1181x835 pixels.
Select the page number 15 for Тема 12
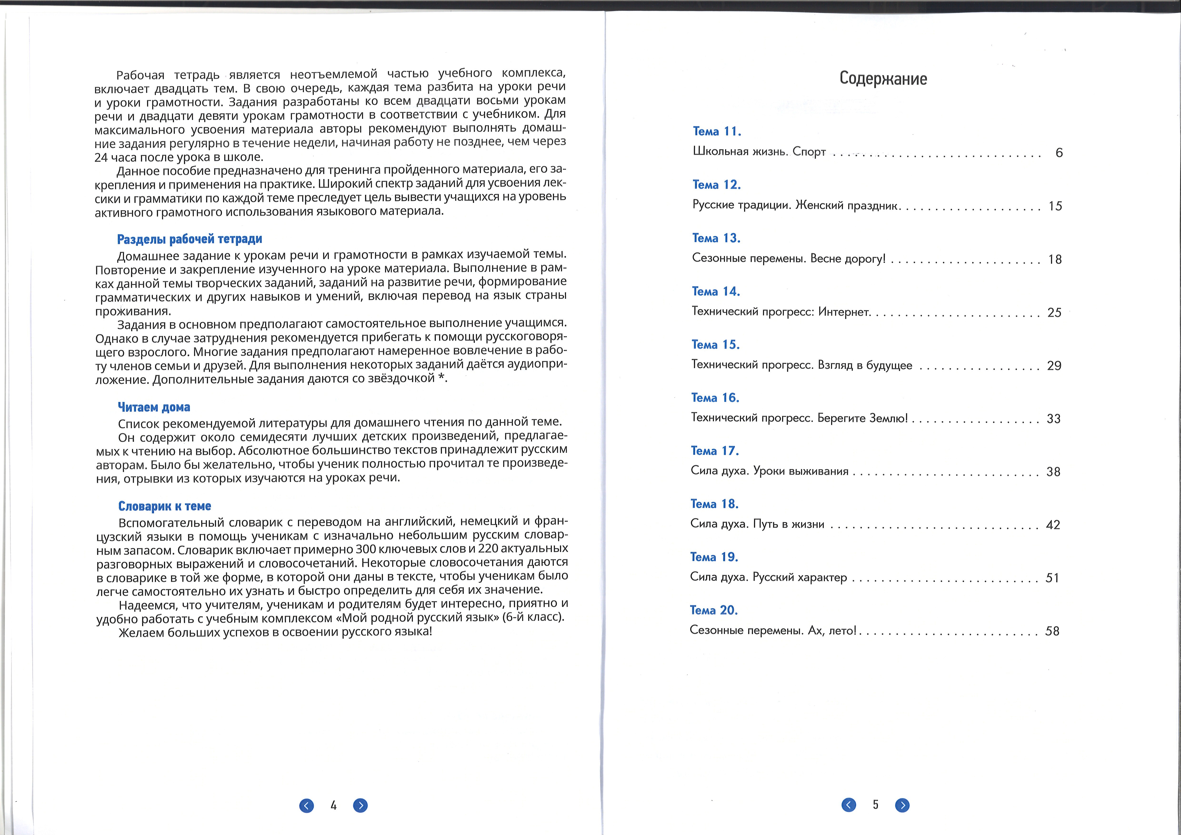point(1055,206)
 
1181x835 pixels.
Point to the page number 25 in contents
point(1054,313)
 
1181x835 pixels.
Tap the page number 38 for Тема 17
point(1053,472)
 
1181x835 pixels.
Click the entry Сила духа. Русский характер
point(768,577)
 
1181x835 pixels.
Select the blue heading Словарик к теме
point(165,506)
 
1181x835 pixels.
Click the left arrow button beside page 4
point(307,806)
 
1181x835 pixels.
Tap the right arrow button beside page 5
point(902,805)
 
